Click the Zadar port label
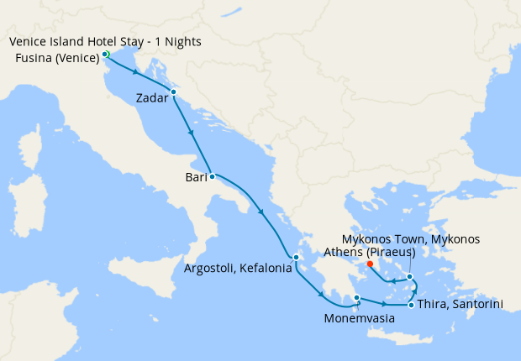pyautogui.click(x=153, y=98)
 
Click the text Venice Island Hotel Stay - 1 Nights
pyautogui.click(x=106, y=42)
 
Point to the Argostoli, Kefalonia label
pyautogui.click(x=237, y=269)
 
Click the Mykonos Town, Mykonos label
pyautogui.click(x=413, y=239)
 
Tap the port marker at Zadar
pyautogui.click(x=172, y=92)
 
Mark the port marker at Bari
pyautogui.click(x=212, y=176)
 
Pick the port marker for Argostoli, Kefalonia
pyautogui.click(x=296, y=257)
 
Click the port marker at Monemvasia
pyautogui.click(x=357, y=297)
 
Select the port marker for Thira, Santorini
pyautogui.click(x=410, y=305)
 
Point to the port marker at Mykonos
pyautogui.click(x=409, y=276)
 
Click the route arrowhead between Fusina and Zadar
pyautogui.click(x=134, y=71)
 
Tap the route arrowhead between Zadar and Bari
pyautogui.click(x=193, y=133)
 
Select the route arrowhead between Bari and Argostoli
pyautogui.click(x=263, y=213)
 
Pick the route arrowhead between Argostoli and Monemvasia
pyautogui.click(x=323, y=295)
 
